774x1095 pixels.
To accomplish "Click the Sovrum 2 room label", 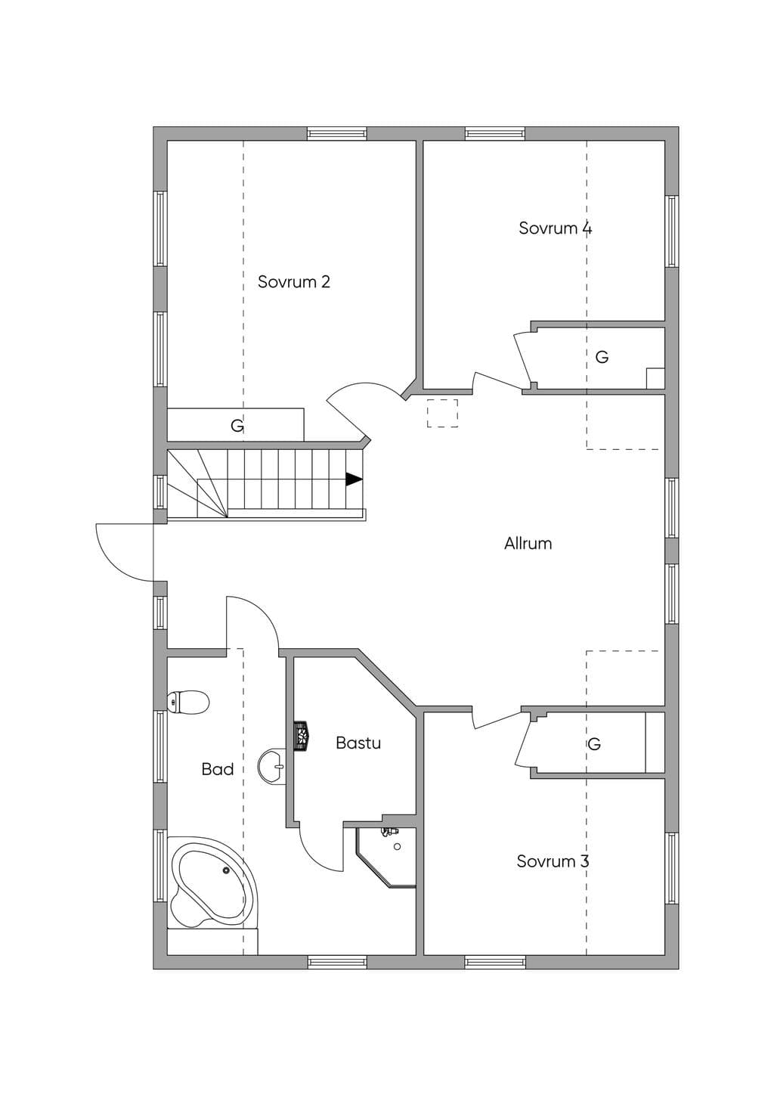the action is pos(294,282).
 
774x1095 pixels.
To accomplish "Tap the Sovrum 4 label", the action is pos(555,228).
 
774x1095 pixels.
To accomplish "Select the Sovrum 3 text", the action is pos(553,861).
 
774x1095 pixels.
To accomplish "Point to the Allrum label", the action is pos(528,544).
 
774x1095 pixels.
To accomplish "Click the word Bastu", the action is pos(358,743).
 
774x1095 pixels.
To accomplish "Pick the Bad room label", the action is pos(218,769).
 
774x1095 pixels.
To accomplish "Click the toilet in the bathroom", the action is pos(188,702).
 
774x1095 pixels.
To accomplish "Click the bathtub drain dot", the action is pos(226,870).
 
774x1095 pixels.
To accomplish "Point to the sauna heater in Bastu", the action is pos(301,736).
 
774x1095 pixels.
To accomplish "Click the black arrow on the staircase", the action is pos(354,479).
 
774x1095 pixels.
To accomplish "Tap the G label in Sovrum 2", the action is pos(237,426).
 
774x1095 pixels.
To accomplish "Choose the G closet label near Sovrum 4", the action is pos(602,358).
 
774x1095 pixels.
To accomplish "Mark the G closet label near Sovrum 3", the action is pos(594,744).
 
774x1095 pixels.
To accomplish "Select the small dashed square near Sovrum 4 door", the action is pos(442,413).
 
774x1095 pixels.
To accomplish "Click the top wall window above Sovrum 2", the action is pos(336,133).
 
